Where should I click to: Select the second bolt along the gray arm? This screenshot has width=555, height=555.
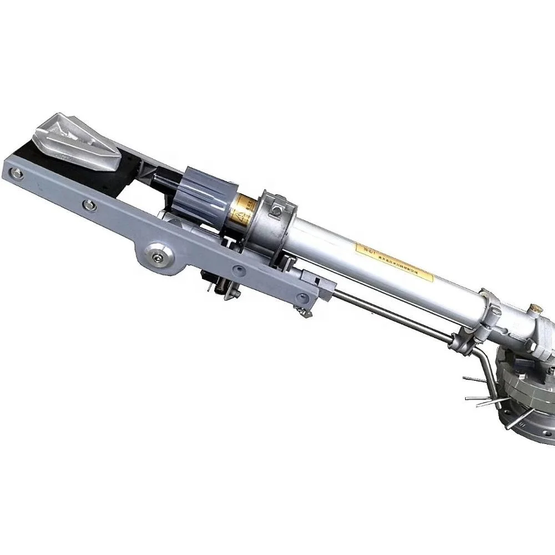click(x=87, y=206)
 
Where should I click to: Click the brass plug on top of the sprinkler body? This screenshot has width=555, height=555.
click(x=536, y=307)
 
